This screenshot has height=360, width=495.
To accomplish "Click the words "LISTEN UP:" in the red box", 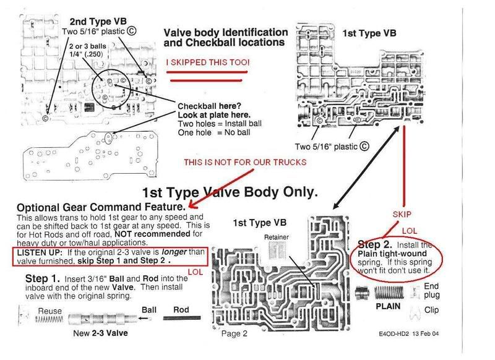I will pyautogui.click(x=38, y=255).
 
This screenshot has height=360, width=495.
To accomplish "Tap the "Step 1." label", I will pyautogui.click(x=42, y=280).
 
